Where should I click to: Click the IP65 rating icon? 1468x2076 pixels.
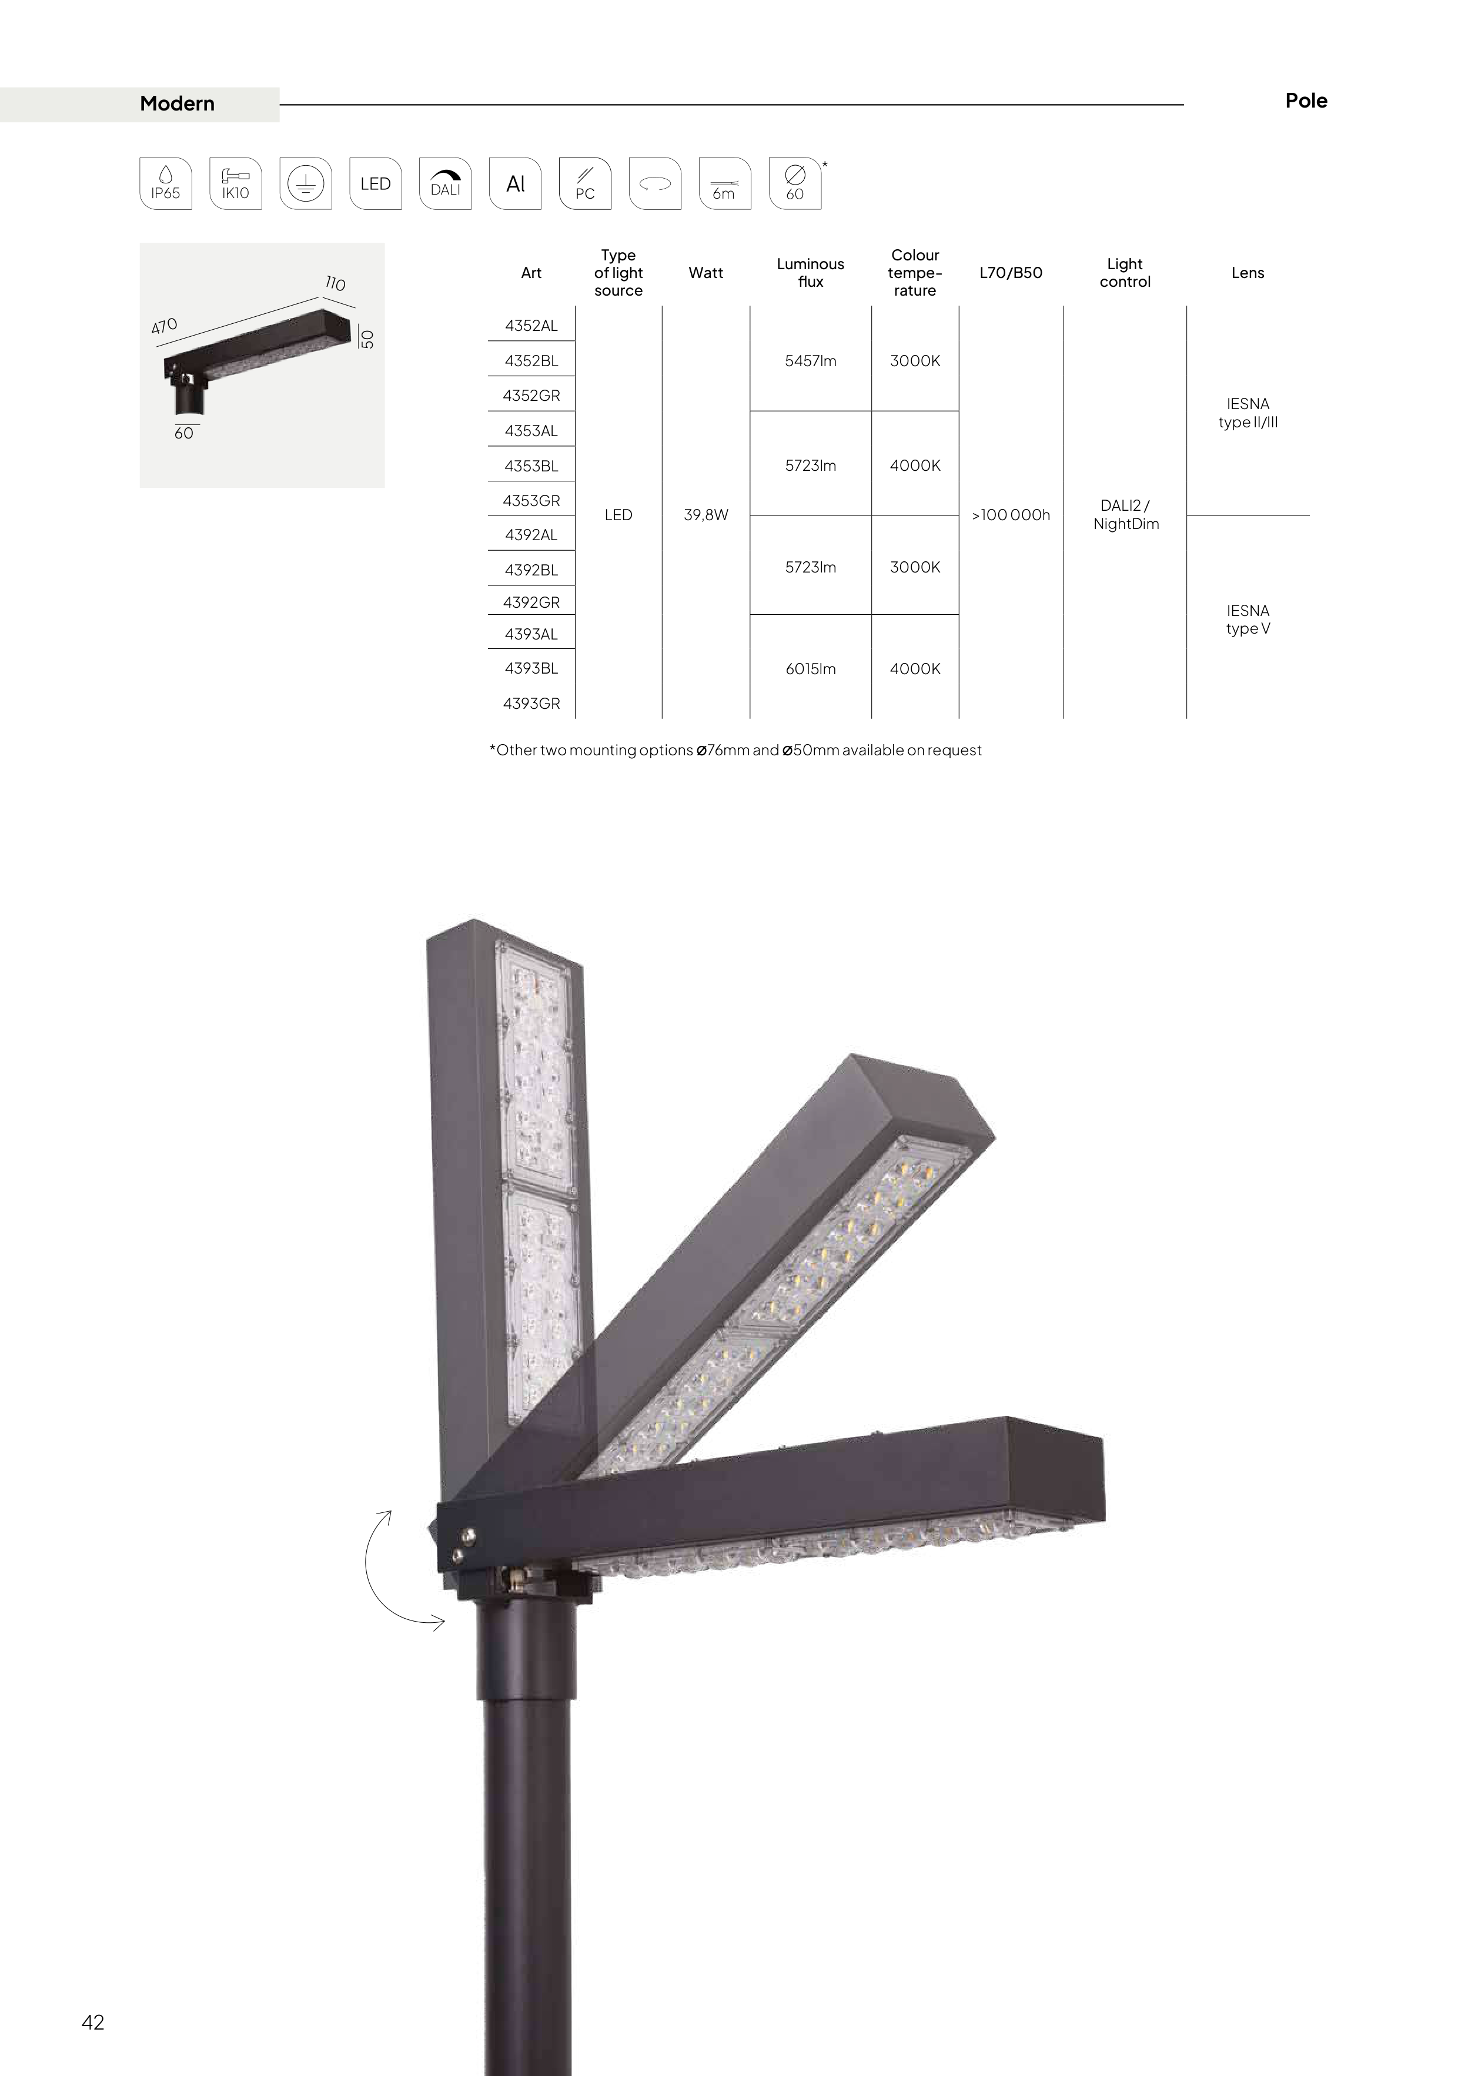coord(166,183)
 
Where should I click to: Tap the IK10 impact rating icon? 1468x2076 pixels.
coord(235,183)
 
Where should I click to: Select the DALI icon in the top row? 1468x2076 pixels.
coord(445,183)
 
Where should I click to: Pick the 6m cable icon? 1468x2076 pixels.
coord(724,183)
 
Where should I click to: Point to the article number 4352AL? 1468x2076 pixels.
coord(531,326)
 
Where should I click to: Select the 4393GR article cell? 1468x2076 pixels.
coord(531,704)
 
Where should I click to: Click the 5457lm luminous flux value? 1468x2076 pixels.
coord(811,361)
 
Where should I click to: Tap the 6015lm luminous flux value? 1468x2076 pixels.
coord(811,669)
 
